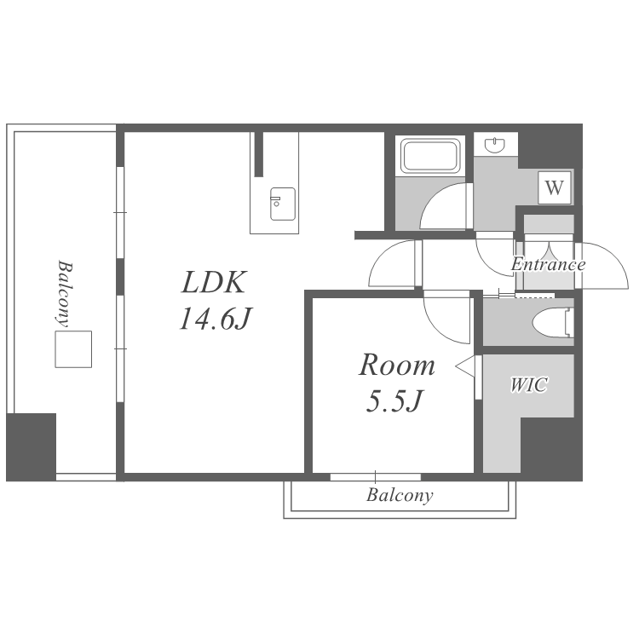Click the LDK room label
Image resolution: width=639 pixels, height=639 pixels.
(x=214, y=282)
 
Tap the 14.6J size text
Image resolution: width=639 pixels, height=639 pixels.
(x=216, y=319)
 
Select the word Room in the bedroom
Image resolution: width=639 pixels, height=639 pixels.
(x=396, y=365)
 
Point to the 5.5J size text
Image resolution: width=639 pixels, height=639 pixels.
(x=394, y=400)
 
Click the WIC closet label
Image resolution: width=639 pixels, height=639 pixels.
(x=528, y=385)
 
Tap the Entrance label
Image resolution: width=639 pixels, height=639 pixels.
(x=548, y=264)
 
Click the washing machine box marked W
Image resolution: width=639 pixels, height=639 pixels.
(x=555, y=187)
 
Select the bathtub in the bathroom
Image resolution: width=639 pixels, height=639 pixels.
(x=430, y=156)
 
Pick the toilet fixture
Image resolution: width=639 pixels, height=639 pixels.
(x=553, y=323)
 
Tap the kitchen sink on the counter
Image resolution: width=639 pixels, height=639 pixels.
(x=283, y=204)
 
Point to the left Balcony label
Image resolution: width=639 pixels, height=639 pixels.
(x=65, y=293)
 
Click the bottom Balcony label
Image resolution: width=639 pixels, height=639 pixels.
(x=400, y=496)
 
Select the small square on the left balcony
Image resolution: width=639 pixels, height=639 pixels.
(x=73, y=349)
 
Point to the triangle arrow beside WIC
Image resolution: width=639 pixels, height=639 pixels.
(x=465, y=366)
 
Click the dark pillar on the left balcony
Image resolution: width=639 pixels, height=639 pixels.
(x=31, y=447)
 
